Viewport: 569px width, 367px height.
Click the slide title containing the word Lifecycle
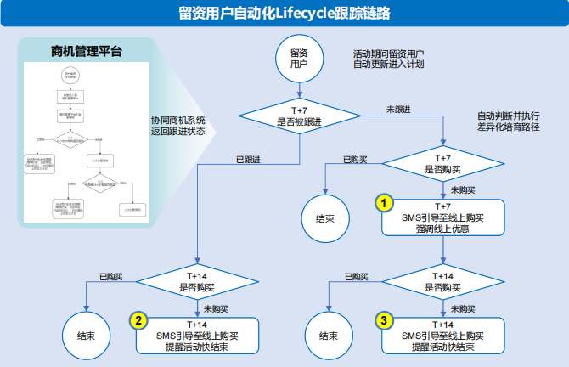tap(285, 12)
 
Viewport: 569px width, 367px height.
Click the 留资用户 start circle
tap(299, 59)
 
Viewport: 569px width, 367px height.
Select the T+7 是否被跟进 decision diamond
tap(299, 116)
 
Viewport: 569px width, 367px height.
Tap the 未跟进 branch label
tap(398, 109)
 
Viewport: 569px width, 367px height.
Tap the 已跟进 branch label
tap(247, 159)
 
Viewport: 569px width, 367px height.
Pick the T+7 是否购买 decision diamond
tap(442, 164)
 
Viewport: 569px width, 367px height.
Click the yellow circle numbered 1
tap(386, 204)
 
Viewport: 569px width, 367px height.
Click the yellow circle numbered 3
tap(385, 320)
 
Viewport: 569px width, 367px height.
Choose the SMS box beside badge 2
tap(196, 335)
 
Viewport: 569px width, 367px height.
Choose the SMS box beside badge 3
tap(442, 335)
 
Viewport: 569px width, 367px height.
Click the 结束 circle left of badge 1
tap(325, 218)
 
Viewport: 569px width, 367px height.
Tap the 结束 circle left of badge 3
tap(326, 336)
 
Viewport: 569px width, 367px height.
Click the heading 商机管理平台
tap(86, 51)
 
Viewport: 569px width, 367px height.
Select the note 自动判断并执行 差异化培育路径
tap(509, 121)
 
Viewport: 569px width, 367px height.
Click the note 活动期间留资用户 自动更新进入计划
tap(388, 59)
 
